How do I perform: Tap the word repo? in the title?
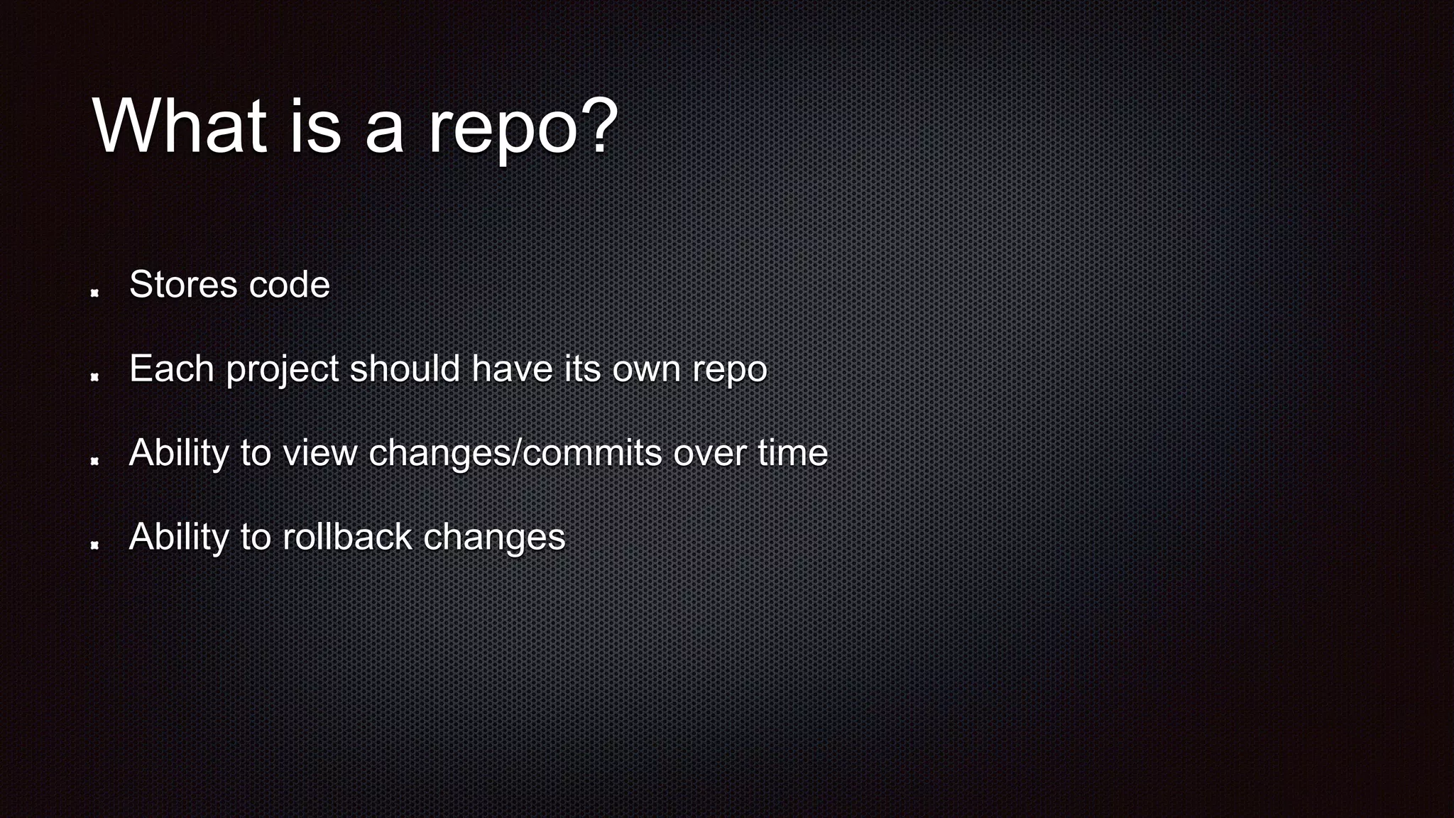click(523, 128)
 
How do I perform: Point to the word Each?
click(172, 369)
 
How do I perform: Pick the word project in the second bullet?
click(283, 370)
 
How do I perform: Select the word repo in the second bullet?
click(730, 371)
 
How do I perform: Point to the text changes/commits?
click(515, 453)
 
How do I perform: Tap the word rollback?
click(347, 537)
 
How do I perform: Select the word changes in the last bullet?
click(494, 538)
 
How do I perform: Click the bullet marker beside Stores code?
click(94, 292)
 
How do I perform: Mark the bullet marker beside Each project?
click(94, 376)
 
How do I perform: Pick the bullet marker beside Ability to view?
click(94, 460)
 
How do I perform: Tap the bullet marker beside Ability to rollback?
click(94, 544)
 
